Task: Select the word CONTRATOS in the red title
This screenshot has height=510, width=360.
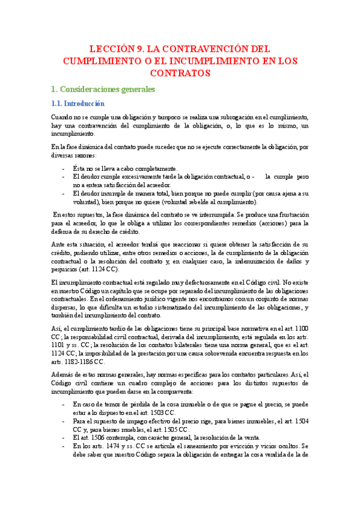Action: point(180,73)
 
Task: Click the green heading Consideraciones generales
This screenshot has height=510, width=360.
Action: point(103,90)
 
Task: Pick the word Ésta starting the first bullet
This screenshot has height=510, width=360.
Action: point(79,168)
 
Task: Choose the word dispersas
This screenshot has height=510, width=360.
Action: point(66,308)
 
